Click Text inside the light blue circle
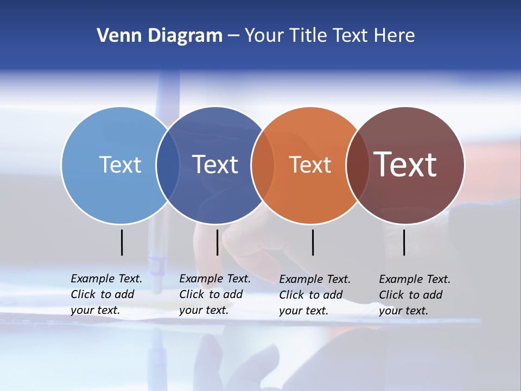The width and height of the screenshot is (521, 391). (x=120, y=165)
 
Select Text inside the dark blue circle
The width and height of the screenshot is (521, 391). (x=215, y=165)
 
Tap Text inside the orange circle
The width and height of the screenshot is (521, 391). (x=310, y=165)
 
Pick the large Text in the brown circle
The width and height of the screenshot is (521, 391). (x=405, y=164)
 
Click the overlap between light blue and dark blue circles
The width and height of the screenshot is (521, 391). (x=168, y=165)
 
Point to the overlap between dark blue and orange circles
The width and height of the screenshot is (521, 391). (x=263, y=165)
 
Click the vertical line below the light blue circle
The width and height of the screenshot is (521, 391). (x=122, y=242)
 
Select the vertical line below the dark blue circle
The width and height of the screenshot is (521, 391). (x=217, y=242)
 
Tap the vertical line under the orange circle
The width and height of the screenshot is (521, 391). (x=313, y=242)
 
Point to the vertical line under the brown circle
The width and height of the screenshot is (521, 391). (x=404, y=242)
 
